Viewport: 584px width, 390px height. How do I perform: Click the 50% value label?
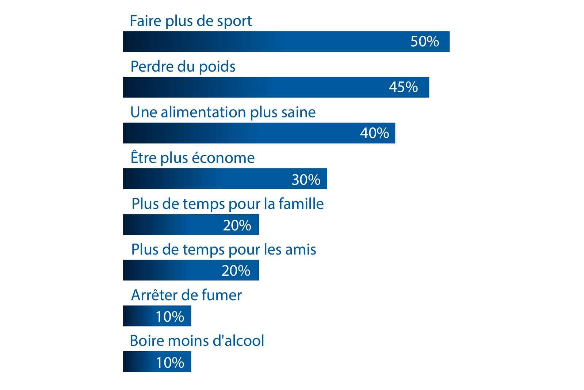424,42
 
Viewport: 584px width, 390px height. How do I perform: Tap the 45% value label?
403,87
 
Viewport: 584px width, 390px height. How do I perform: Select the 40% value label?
374,133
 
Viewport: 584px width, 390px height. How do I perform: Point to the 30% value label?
306,180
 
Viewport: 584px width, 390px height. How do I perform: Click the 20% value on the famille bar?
237,225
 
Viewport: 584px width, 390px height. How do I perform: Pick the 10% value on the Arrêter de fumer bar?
170,317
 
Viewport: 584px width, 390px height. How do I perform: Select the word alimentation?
203,112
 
